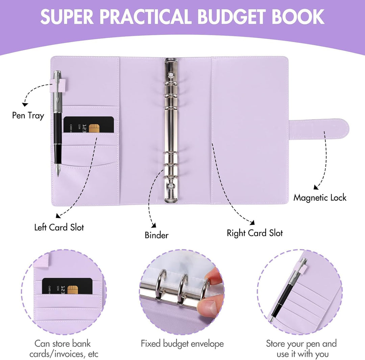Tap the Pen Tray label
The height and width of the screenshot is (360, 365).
(28, 116)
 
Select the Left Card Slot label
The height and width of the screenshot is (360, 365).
(59, 227)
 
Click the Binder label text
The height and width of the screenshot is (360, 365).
(156, 235)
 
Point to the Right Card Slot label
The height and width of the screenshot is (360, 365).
(255, 233)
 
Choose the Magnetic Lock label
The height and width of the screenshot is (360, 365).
(320, 198)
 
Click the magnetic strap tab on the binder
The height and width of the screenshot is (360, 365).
(319, 129)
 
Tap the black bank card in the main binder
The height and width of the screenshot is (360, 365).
(89, 125)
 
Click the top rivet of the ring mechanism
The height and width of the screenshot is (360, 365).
(171, 74)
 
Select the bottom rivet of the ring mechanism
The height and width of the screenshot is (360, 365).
(171, 186)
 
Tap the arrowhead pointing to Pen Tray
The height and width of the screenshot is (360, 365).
(25, 105)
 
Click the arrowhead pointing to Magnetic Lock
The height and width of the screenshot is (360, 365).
(316, 187)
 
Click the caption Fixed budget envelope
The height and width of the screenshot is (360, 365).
(182, 344)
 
